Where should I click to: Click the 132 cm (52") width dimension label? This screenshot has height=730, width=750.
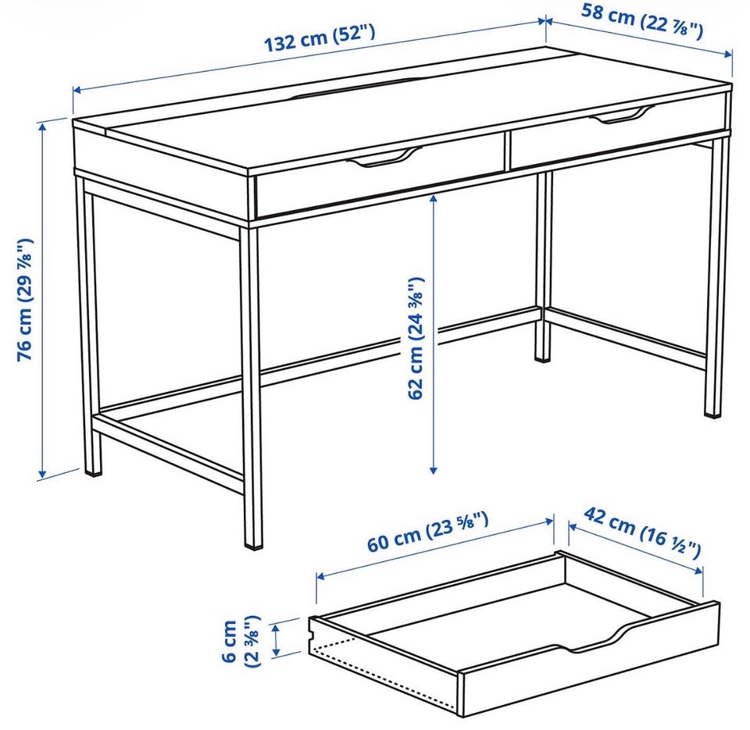pyautogui.click(x=320, y=37)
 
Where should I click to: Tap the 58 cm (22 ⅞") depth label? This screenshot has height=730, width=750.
pyautogui.click(x=642, y=22)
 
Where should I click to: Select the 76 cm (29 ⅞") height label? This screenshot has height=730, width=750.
pyautogui.click(x=25, y=299)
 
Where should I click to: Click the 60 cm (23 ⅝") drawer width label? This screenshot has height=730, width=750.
pyautogui.click(x=428, y=531)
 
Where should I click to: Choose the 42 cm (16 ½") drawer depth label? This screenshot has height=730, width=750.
pyautogui.click(x=642, y=533)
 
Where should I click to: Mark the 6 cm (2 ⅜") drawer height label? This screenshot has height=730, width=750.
pyautogui.click(x=241, y=641)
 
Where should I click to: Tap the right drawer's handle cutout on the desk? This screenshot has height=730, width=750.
pyautogui.click(x=622, y=115)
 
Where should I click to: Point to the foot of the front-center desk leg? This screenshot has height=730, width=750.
pyautogui.click(x=253, y=539)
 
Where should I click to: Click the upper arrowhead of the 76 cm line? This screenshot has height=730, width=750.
pyautogui.click(x=42, y=126)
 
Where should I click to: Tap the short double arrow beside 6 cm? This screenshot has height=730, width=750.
pyautogui.click(x=276, y=639)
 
